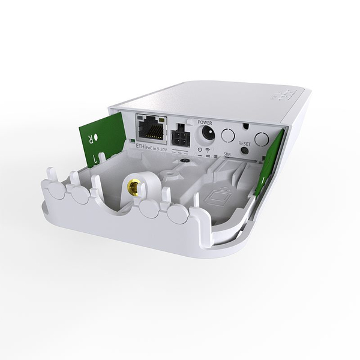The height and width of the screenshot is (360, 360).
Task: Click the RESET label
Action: tap(244, 145)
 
